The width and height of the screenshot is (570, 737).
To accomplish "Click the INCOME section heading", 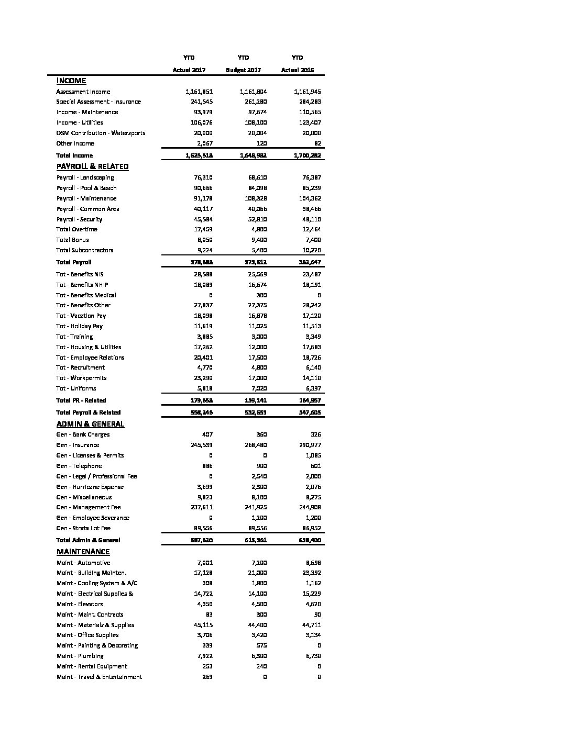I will coord(71,81).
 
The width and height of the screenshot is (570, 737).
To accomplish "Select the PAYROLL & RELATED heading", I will coord(92,166).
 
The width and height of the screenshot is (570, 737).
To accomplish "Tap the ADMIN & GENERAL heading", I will coord(90,424).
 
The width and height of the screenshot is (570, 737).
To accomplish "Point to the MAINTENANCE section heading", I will coord(83,552).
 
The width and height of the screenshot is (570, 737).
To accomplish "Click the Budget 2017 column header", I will coord(243,70).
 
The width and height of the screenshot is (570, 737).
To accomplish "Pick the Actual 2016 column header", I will coord(298,70).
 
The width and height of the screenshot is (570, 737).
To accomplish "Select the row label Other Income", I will coord(75,143).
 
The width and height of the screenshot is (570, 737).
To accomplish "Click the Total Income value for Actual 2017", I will coord(199,155).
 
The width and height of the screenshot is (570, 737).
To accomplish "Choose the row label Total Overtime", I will coord(76,229).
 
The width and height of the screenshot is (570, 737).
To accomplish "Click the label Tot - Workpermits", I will coord(81,378).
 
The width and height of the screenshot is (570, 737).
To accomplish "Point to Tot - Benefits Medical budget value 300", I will coord(261,295).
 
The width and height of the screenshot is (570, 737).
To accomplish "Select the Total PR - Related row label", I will coord(81,400).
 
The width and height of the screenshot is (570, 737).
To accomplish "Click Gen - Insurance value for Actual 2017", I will coord(200,445).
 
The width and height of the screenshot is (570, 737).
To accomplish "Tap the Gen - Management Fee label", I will coord(89,507).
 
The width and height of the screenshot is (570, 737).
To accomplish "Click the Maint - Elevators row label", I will coord(80,604).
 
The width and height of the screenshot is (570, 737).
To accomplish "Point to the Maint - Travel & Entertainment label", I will coord(99,677).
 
